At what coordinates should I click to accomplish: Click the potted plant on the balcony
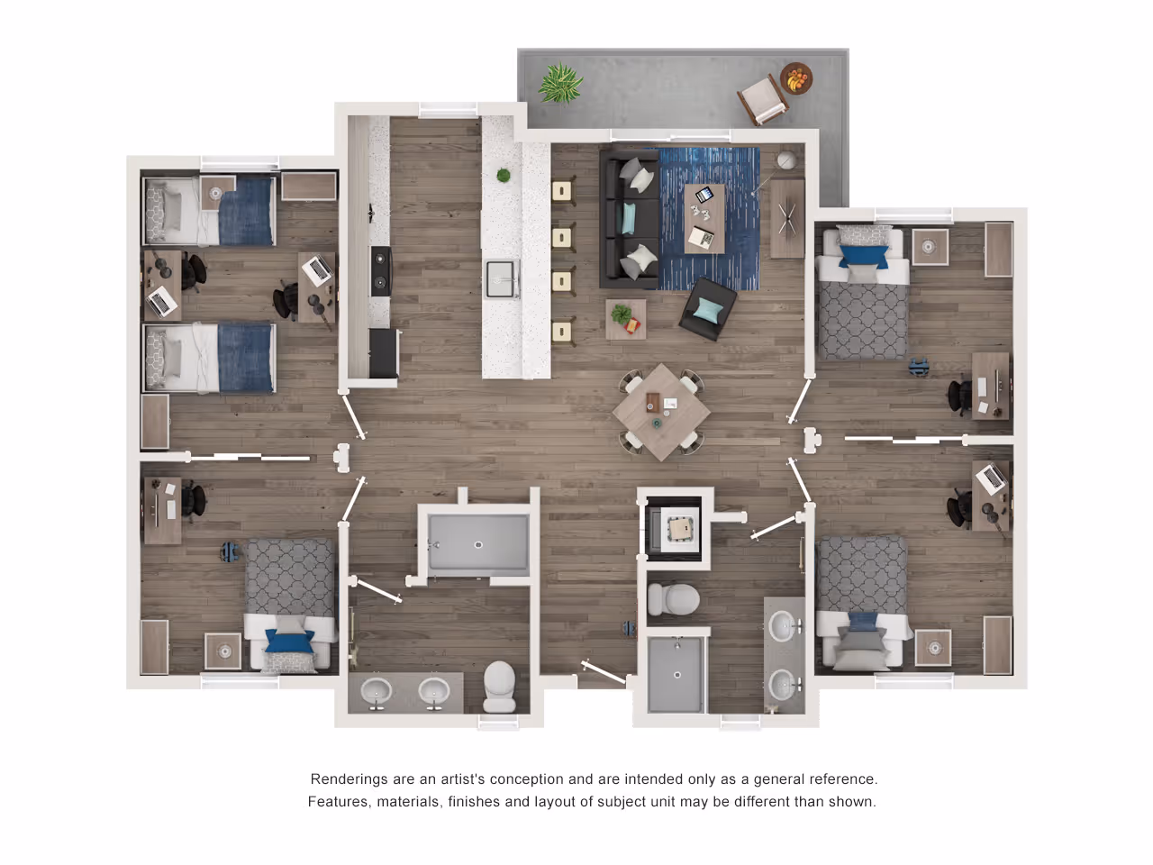coord(560,83)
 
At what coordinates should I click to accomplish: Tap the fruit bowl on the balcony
coord(796,78)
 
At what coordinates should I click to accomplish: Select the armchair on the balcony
coord(763,99)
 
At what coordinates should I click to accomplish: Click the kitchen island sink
coord(500,278)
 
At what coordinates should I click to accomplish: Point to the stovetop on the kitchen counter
coord(381,271)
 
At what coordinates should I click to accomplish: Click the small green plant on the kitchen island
coord(504,175)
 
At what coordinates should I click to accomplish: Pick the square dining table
coord(661,412)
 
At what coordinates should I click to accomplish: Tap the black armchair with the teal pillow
coord(708,309)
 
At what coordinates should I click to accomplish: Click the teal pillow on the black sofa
coord(629,218)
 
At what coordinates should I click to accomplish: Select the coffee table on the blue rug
coord(705,218)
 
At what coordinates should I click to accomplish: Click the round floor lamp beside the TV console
coord(787,160)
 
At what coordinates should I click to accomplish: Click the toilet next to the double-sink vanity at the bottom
coord(499,687)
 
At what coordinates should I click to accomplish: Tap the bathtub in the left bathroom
coord(478,542)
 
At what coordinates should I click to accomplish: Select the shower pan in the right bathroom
coord(676,675)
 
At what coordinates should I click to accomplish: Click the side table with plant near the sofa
coord(626,319)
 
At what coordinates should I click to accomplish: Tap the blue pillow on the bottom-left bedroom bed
coord(290,641)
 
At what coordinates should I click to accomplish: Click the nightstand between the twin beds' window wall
coord(217,192)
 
